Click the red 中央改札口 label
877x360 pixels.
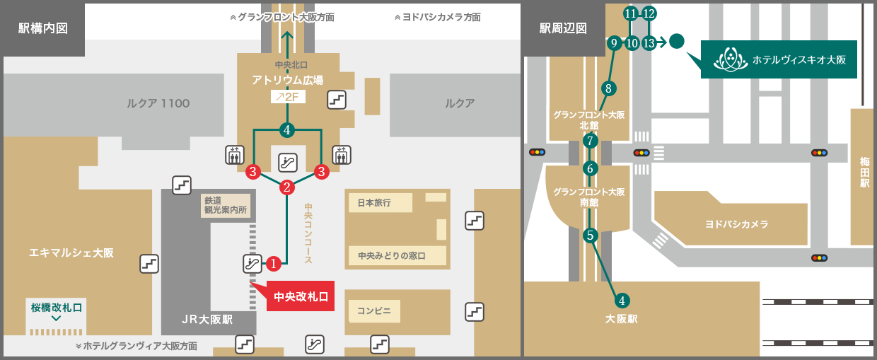(x=301, y=297)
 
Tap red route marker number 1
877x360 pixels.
(x=274, y=264)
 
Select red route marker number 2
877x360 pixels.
(x=287, y=187)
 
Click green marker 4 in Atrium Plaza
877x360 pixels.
(x=286, y=130)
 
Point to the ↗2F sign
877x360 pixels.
(x=288, y=97)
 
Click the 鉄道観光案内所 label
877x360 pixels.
(x=224, y=205)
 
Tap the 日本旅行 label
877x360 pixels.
(x=374, y=202)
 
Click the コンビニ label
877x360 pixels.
(x=374, y=310)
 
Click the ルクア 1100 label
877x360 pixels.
(x=158, y=103)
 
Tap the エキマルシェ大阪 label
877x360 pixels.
(x=71, y=252)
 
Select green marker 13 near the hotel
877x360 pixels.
(x=649, y=43)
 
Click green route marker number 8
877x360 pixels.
(x=608, y=88)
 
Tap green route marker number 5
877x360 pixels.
(x=591, y=236)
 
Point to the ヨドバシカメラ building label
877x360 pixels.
(x=736, y=224)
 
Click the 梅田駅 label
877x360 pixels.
(x=864, y=172)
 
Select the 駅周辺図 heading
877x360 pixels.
(x=564, y=29)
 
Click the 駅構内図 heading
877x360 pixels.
(x=43, y=29)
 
